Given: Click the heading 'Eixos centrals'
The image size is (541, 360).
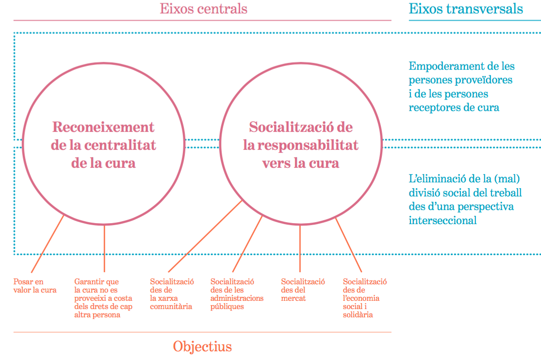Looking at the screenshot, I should pyautogui.click(x=203, y=9).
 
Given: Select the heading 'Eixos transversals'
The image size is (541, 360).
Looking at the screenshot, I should pyautogui.click(x=466, y=9).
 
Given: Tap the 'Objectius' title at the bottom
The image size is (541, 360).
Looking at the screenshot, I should pyautogui.click(x=202, y=346).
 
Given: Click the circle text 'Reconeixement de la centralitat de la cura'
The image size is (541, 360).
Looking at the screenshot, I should pyautogui.click(x=103, y=145).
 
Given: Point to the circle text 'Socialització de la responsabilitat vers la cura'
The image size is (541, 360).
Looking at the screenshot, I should pyautogui.click(x=301, y=145).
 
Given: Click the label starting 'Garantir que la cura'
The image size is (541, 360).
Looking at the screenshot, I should pyautogui.click(x=103, y=298).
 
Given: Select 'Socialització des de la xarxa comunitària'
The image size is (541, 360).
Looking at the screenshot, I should pyautogui.click(x=172, y=294).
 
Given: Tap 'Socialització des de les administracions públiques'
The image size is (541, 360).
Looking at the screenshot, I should pyautogui.click(x=237, y=294).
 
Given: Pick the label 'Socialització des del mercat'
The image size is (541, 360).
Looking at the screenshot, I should pyautogui.click(x=303, y=290).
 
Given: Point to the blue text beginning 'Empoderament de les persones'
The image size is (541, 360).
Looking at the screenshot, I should pyautogui.click(x=461, y=86).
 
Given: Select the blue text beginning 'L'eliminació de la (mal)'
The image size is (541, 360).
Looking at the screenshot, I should pyautogui.click(x=465, y=199).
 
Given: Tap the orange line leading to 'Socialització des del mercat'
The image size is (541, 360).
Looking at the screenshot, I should pyautogui.click(x=300, y=247).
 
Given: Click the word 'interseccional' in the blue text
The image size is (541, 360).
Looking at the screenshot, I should pyautogui.click(x=443, y=220).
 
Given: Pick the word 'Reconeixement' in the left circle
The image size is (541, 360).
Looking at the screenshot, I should pyautogui.click(x=103, y=127).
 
